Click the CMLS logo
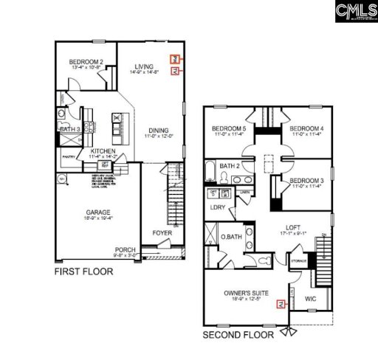(x=352, y=10)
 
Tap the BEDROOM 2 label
(x=86, y=62)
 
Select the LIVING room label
(x=144, y=67)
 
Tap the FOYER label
(x=162, y=233)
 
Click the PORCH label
(x=125, y=251)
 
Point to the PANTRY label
(x=69, y=156)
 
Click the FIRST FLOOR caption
(x=83, y=271)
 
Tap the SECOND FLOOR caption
(x=238, y=334)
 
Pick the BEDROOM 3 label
(x=306, y=181)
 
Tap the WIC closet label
(x=310, y=300)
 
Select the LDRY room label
(x=218, y=207)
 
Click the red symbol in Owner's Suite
(x=279, y=303)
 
